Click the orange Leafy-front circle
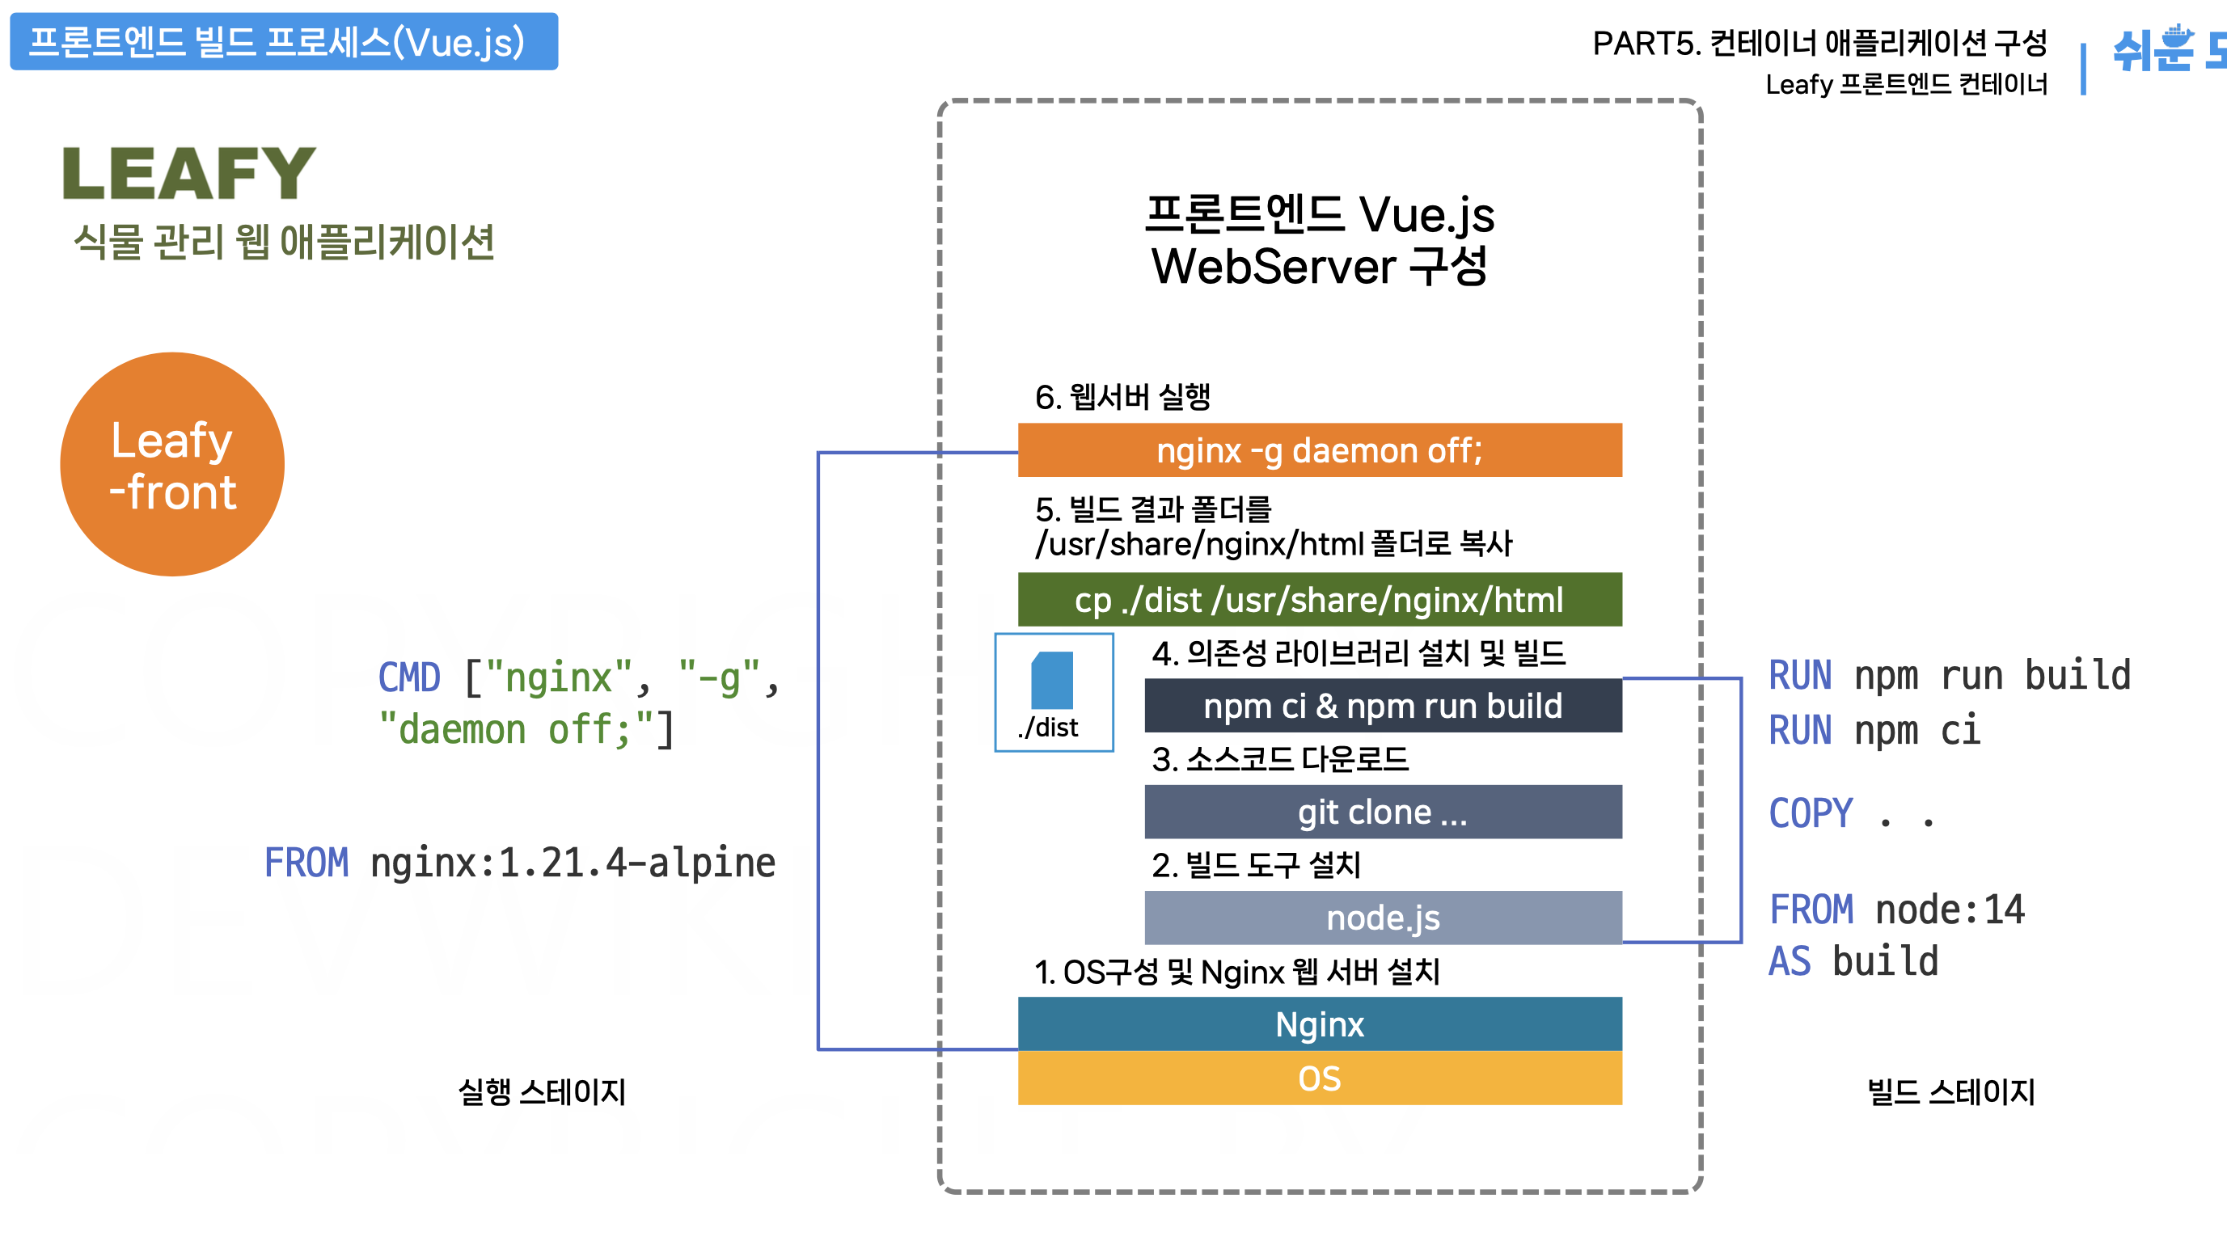172,464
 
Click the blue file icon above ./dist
1052,681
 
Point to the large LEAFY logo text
189,174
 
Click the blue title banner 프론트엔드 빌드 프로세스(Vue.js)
284,41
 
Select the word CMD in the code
409,677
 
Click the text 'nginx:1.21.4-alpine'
573,863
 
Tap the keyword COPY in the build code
1811,813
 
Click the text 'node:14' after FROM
1950,909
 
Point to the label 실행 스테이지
542,1092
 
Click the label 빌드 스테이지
1950,1092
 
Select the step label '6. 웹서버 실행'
1122,397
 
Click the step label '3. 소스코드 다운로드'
1279,759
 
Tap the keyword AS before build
1790,961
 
